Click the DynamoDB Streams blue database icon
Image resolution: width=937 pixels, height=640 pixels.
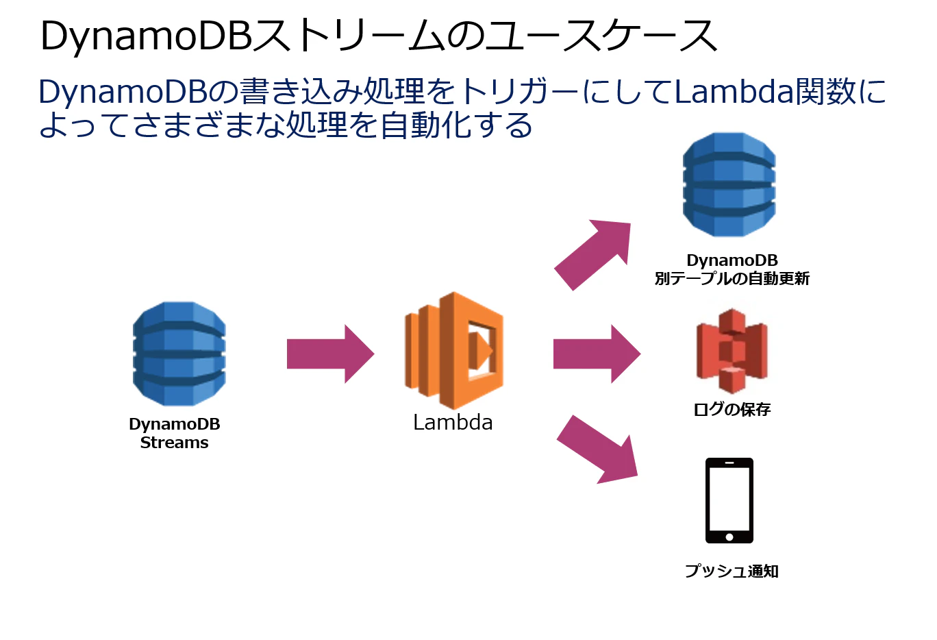click(179, 354)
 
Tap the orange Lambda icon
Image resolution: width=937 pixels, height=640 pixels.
click(454, 351)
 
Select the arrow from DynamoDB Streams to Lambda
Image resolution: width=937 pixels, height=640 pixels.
click(330, 354)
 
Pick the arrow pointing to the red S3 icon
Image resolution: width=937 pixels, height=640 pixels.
click(597, 354)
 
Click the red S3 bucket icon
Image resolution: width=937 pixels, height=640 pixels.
click(732, 351)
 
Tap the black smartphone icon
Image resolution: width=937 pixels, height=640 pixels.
click(729, 501)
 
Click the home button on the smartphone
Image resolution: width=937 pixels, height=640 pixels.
click(729, 537)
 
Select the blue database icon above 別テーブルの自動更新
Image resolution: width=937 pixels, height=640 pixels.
click(729, 184)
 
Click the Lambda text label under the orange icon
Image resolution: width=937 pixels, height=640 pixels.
click(453, 422)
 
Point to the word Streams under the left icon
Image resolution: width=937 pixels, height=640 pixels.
click(174, 443)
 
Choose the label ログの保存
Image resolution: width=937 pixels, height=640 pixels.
click(732, 409)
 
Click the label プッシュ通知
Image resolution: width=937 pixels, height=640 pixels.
click(732, 571)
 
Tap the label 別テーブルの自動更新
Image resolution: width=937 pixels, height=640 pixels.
click(732, 278)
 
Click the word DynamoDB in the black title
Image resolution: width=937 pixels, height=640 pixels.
click(147, 36)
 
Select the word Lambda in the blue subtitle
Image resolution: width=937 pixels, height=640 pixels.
click(734, 92)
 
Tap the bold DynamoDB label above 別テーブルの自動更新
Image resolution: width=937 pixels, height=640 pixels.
click(732, 260)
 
